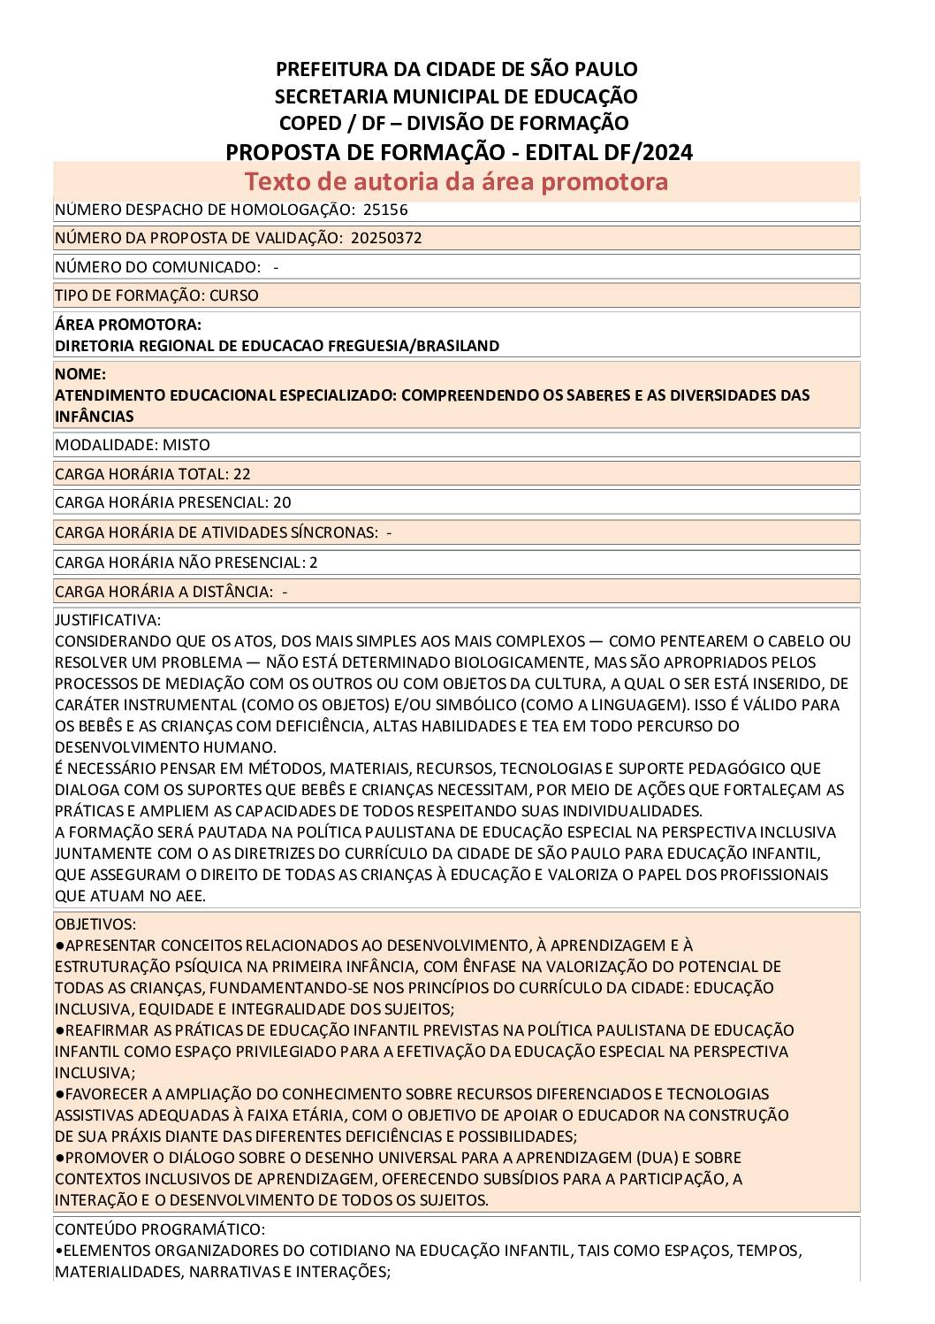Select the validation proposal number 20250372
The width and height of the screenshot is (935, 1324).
coord(386,238)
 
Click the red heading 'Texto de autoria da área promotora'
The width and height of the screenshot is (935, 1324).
coord(456,181)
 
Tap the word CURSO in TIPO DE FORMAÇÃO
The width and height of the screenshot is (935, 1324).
coord(234,295)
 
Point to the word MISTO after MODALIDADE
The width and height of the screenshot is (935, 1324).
coord(186,445)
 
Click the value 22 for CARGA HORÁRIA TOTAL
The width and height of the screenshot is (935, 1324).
coord(242,474)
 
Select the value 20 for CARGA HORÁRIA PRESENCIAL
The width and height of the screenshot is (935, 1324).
coord(282,502)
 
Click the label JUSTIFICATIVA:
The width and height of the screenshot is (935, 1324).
coord(108,620)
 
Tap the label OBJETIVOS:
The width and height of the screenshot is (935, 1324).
coord(95,924)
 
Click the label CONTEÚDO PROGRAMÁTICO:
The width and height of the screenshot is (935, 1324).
coord(160,1229)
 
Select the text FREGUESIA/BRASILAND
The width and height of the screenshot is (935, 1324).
coord(424,346)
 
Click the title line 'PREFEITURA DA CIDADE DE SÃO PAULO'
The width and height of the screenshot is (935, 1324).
coord(456,69)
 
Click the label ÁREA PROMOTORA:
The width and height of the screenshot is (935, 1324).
coord(128,325)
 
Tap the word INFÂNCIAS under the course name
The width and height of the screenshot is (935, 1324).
coord(95,417)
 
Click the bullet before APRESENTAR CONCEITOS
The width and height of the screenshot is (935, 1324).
coord(59,945)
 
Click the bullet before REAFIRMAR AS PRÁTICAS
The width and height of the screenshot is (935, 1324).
coord(59,1030)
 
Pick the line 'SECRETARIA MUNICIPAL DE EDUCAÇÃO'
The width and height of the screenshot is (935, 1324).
coord(456,96)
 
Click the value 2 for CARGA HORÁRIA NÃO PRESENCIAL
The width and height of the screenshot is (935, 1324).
coord(314,563)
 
